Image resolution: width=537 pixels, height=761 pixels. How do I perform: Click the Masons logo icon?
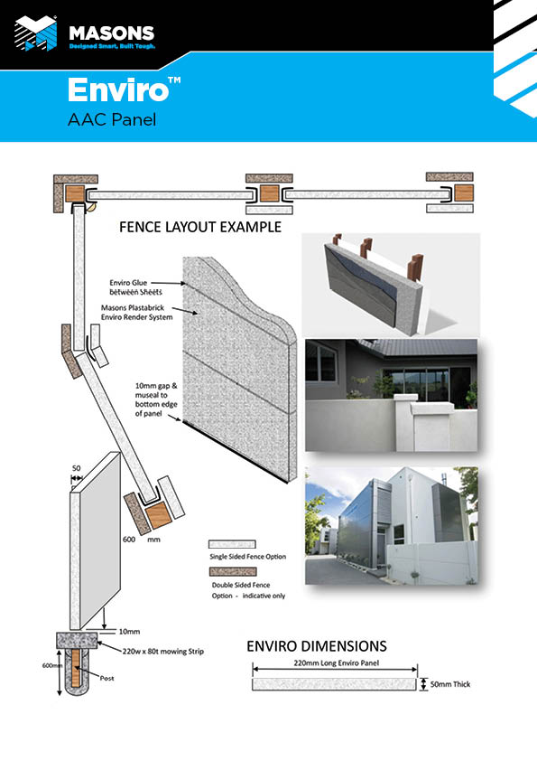pyautogui.click(x=35, y=33)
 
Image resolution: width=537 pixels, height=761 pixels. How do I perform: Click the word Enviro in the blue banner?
pyautogui.click(x=118, y=89)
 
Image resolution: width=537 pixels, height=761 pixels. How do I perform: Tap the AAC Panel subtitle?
pyautogui.click(x=112, y=119)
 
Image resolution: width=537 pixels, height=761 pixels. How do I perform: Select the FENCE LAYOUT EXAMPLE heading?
pyautogui.click(x=200, y=227)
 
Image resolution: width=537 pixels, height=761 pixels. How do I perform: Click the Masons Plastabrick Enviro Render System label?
pyautogui.click(x=136, y=313)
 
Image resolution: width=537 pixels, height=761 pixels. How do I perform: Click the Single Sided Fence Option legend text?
pyautogui.click(x=247, y=557)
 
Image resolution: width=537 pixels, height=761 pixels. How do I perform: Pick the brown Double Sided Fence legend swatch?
pyautogui.click(x=233, y=571)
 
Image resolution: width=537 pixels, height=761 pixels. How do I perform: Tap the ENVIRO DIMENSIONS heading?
pyautogui.click(x=317, y=646)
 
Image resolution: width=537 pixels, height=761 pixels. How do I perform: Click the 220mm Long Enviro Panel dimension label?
pyautogui.click(x=337, y=663)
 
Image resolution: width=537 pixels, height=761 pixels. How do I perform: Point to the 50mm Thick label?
pyautogui.click(x=450, y=684)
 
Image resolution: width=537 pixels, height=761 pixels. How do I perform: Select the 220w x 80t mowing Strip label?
pyautogui.click(x=162, y=652)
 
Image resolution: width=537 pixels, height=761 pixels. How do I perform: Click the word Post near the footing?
pyautogui.click(x=107, y=678)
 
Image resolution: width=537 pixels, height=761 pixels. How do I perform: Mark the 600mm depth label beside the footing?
pyautogui.click(x=52, y=665)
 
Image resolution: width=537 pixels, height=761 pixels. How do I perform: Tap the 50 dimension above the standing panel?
pyautogui.click(x=76, y=468)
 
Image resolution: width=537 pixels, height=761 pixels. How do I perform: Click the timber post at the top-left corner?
pyautogui.click(x=75, y=193)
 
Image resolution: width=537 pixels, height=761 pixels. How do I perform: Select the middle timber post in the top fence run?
pyautogui.click(x=269, y=193)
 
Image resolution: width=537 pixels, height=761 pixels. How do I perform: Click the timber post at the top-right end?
pyautogui.click(x=464, y=193)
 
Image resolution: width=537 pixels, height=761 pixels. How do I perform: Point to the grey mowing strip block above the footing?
pyautogui.click(x=77, y=641)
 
